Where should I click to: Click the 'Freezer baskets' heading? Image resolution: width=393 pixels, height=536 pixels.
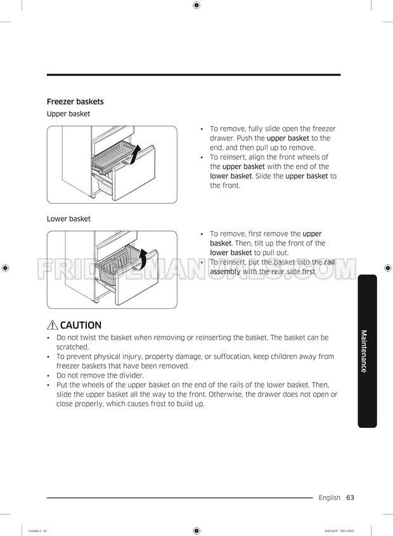point(75,101)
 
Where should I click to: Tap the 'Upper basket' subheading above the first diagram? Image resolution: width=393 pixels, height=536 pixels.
point(68,114)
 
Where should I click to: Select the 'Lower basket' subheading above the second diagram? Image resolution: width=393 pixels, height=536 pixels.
point(68,219)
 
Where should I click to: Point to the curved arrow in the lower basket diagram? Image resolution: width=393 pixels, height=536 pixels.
point(143,258)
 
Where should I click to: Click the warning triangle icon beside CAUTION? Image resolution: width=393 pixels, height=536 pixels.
point(53,326)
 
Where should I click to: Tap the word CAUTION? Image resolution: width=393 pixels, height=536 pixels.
point(81,326)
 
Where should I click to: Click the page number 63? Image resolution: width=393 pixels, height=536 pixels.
point(350,497)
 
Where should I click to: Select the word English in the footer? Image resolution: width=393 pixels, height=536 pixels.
point(330,497)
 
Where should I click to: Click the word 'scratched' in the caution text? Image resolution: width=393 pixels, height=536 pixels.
point(72,347)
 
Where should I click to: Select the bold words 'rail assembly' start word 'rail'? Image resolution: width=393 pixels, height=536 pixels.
point(330,262)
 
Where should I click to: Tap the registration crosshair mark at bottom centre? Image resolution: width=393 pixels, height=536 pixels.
point(196,530)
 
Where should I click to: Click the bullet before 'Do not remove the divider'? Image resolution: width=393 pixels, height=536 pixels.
point(49,375)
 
